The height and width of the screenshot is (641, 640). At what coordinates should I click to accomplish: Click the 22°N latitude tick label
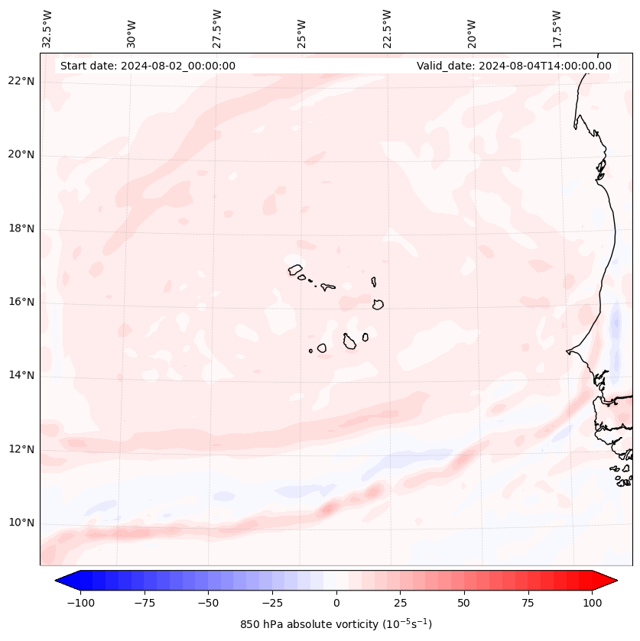21,81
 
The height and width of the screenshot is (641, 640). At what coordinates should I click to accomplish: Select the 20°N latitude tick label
21,154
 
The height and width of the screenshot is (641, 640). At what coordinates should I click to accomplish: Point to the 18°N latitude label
21,228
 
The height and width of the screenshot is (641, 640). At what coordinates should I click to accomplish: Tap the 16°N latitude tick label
21,302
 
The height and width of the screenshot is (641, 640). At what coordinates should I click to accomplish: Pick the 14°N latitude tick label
21,375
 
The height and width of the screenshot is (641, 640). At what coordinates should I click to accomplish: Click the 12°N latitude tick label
21,449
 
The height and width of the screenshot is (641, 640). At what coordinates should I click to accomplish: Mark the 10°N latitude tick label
21,523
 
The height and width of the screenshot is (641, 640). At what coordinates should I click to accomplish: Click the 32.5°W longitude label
47,28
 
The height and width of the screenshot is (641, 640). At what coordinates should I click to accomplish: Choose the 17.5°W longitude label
557,28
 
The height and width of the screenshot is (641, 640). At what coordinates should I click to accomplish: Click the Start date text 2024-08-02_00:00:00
148,66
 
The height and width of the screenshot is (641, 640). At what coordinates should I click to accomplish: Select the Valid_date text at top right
514,66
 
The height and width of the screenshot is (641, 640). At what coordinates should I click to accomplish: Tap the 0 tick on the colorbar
336,603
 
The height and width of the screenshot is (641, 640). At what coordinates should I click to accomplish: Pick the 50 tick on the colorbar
464,603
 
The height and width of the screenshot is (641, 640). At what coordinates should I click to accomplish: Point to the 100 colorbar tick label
592,603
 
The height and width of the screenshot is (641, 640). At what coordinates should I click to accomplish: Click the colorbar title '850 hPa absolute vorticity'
336,624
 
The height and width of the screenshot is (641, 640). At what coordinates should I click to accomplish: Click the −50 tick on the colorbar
208,603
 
